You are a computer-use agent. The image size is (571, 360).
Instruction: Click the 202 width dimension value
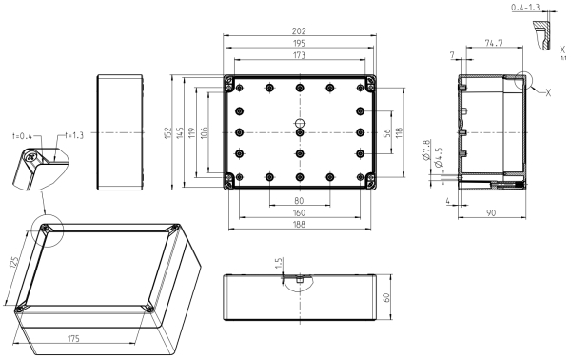point(299,31)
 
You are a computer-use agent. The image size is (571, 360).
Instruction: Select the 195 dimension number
point(299,44)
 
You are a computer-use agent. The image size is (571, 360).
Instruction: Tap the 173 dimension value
point(299,55)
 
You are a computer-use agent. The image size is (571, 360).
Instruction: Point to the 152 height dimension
point(167,132)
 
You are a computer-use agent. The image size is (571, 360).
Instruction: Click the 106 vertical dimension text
point(204,132)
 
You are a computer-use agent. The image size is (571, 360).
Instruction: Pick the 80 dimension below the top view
point(299,201)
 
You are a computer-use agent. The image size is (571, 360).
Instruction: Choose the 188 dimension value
point(299,224)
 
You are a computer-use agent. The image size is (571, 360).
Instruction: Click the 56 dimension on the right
point(387,132)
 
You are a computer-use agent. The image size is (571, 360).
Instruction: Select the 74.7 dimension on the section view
point(494,43)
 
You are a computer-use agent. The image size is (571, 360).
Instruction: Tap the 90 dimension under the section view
point(491,212)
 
